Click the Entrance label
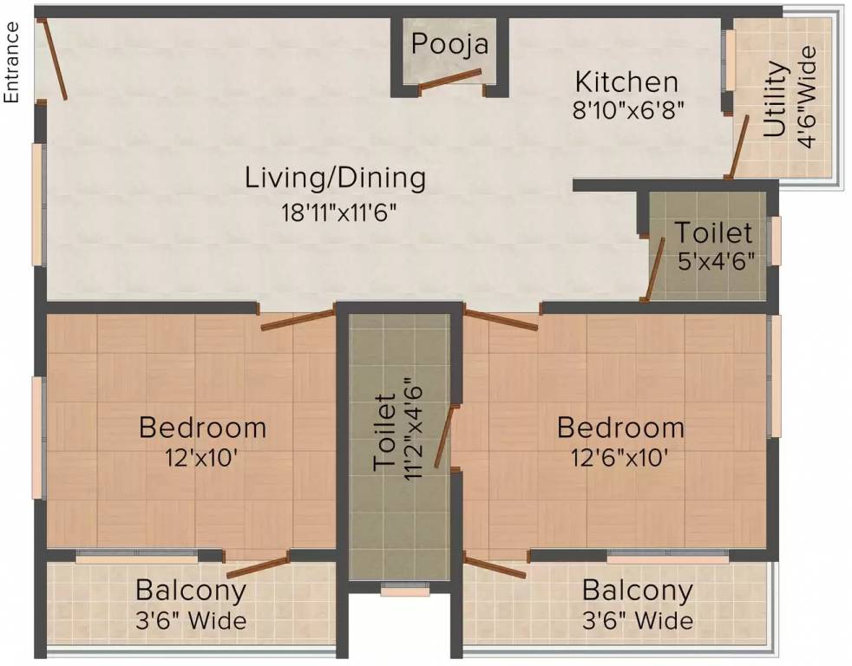point(11,62)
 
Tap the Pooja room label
point(450,44)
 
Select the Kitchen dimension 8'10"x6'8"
point(627,110)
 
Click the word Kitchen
point(626,82)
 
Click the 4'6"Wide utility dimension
point(807,97)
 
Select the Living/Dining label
point(335,178)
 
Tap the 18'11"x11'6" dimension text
point(338,212)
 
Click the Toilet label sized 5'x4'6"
point(713,232)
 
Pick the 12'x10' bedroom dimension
point(201,457)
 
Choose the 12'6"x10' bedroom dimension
point(619,457)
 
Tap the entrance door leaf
point(52,59)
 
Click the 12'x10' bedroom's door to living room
point(298,320)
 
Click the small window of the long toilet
point(405,589)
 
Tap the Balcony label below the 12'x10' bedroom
point(191,590)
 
